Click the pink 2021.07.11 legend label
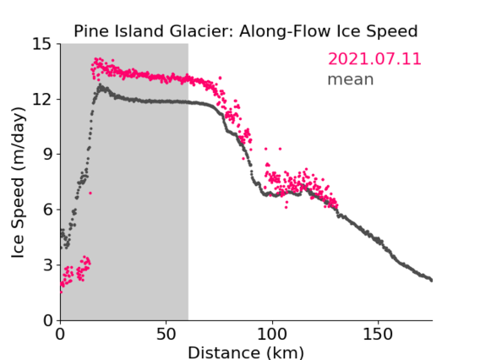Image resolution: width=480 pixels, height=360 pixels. (374, 59)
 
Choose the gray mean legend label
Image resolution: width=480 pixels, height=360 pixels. (351, 79)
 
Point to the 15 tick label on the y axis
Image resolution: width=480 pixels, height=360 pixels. (42, 44)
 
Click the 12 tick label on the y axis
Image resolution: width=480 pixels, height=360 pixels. (42, 99)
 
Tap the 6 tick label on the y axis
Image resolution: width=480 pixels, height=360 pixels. (47, 210)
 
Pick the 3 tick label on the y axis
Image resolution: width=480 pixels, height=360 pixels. (47, 265)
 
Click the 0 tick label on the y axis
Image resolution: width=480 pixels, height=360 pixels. (47, 320)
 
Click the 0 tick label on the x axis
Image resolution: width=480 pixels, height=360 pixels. (60, 334)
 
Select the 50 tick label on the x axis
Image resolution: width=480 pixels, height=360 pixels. (166, 334)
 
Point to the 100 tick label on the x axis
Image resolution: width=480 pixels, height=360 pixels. (272, 334)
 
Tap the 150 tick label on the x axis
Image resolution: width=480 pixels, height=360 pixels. (378, 334)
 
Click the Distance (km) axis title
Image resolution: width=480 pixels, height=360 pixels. (246, 352)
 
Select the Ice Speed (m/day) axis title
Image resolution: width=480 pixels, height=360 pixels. (18, 183)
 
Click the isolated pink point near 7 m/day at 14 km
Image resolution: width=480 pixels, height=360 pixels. (90, 194)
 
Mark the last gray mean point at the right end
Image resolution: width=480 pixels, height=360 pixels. (431, 280)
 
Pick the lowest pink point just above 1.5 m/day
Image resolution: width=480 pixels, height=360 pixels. (61, 292)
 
